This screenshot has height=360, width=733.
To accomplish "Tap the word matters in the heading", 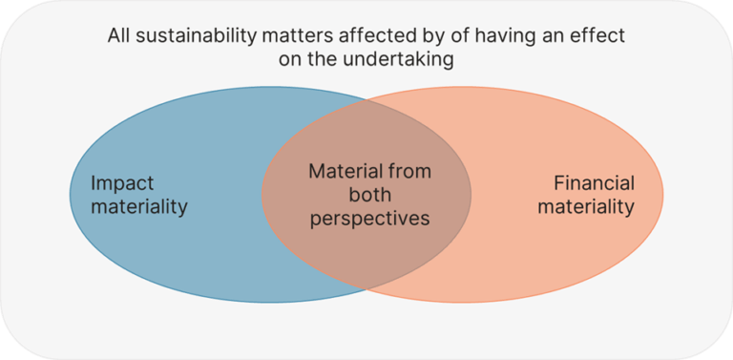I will click(x=284, y=39).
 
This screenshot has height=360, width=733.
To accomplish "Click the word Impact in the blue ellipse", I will click(x=123, y=183).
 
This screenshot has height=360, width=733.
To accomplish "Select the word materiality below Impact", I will click(x=139, y=206).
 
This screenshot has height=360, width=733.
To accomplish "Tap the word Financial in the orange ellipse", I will click(x=594, y=182).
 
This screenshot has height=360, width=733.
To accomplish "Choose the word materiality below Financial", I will click(x=586, y=206).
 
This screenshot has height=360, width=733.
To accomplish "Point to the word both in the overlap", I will click(x=367, y=195).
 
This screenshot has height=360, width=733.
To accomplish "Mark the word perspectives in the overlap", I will click(x=367, y=218).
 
